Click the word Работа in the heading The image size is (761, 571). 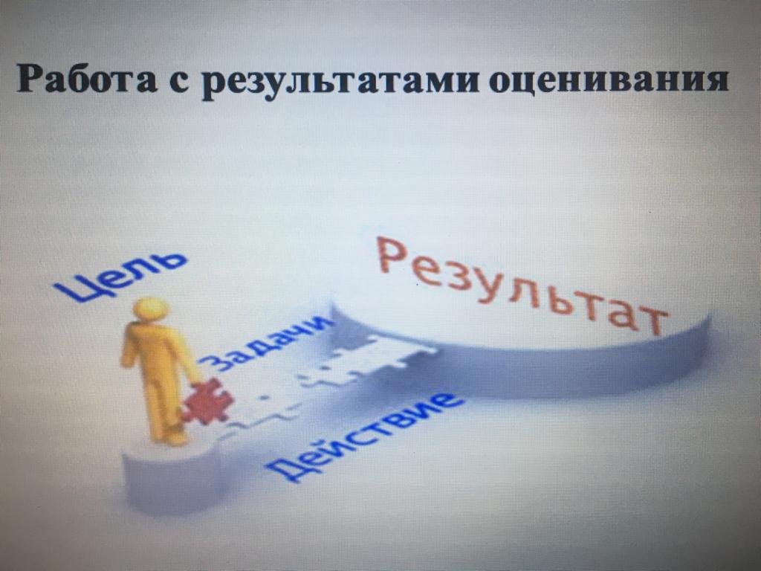87,78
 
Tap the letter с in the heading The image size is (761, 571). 180,82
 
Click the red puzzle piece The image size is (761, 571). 208,401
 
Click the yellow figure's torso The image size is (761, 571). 155,351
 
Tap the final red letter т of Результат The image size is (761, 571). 652,320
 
